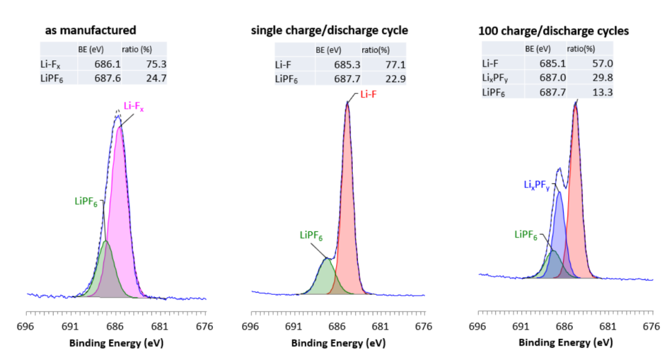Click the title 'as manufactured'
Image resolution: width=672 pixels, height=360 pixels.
click(x=90, y=29)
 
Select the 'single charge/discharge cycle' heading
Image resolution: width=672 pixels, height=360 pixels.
click(x=329, y=30)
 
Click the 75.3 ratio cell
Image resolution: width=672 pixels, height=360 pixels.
click(x=156, y=63)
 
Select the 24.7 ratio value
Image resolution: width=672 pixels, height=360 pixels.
click(x=156, y=78)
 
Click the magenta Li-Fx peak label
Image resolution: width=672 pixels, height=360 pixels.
click(x=134, y=106)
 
